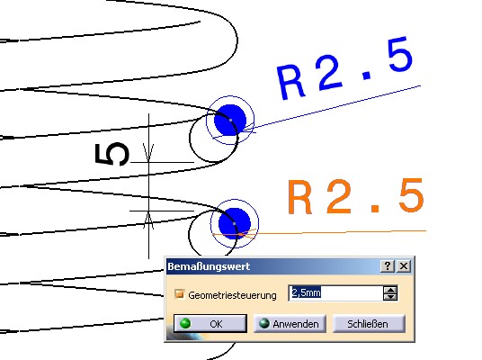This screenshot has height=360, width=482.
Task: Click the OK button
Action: pyautogui.click(x=210, y=323)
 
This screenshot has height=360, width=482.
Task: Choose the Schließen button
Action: pyautogui.click(x=369, y=324)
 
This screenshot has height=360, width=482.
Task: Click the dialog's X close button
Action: pyautogui.click(x=404, y=265)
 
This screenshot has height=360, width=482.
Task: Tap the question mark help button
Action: pyautogui.click(x=388, y=265)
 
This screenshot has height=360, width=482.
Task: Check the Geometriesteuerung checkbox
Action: pyautogui.click(x=179, y=294)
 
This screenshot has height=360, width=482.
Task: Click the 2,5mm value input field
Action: pyautogui.click(x=335, y=292)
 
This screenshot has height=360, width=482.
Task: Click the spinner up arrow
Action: pyautogui.click(x=390, y=290)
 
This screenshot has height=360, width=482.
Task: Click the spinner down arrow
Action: pyautogui.click(x=390, y=297)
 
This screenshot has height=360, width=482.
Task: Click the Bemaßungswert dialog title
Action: pyautogui.click(x=209, y=266)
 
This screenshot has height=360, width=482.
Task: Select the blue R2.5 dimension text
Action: pyautogui.click(x=345, y=68)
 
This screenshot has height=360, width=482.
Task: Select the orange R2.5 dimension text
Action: pyautogui.click(x=356, y=196)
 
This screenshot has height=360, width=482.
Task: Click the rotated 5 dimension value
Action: pyautogui.click(x=112, y=154)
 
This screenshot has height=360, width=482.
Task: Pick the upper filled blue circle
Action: pyautogui.click(x=230, y=120)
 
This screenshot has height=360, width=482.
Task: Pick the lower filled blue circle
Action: pyautogui.click(x=235, y=224)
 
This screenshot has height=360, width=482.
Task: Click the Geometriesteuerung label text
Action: pyautogui.click(x=232, y=295)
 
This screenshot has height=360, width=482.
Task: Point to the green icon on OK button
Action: pyautogui.click(x=185, y=323)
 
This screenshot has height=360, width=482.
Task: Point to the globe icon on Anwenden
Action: pyautogui.click(x=264, y=323)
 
